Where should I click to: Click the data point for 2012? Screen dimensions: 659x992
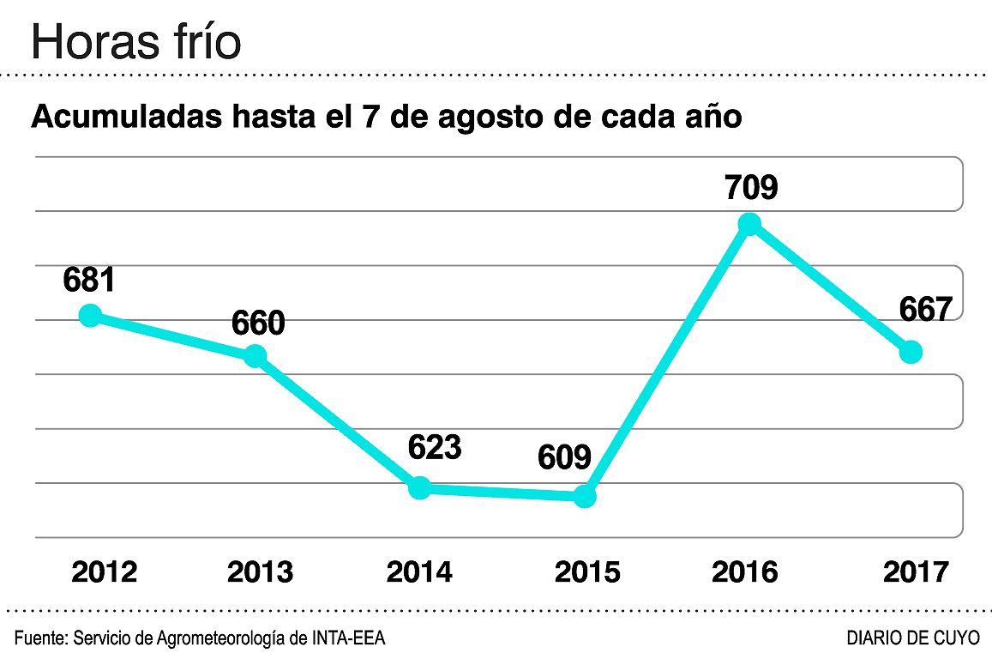[89, 315]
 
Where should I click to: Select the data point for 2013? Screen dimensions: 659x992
[255, 356]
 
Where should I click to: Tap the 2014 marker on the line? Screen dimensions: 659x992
[419, 488]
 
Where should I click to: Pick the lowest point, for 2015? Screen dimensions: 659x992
[584, 496]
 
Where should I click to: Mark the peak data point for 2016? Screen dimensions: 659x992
[749, 224]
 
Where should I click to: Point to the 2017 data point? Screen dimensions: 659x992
[911, 352]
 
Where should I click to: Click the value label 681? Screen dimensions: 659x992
[89, 280]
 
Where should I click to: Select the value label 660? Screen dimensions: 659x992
[258, 323]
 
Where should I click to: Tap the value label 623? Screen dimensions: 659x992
[434, 447]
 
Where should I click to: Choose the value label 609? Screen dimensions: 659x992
[565, 457]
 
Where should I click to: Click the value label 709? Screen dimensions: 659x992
[750, 186]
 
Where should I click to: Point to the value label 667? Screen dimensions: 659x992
[926, 310]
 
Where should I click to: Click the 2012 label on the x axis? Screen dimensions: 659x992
[104, 571]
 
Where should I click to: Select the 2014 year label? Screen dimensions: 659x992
[419, 571]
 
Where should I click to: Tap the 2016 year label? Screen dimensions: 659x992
[745, 571]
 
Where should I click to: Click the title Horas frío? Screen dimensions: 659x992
[135, 43]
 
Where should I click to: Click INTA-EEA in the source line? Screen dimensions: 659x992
[347, 638]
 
